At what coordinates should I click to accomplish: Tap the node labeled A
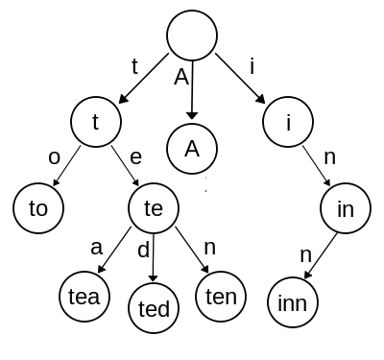pyautogui.click(x=192, y=149)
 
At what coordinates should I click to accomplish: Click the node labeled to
pyautogui.click(x=37, y=206)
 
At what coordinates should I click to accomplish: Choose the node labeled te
pyautogui.click(x=154, y=206)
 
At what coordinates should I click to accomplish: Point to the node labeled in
pyautogui.click(x=346, y=206)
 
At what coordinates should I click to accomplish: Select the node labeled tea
pyautogui.click(x=84, y=297)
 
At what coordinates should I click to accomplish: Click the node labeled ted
pyautogui.click(x=154, y=309)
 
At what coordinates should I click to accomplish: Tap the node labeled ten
pyautogui.click(x=222, y=297)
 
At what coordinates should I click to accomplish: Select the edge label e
pyautogui.click(x=136, y=155)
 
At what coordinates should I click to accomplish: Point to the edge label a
pyautogui.click(x=96, y=247)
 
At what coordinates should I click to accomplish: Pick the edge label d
pyautogui.click(x=144, y=252)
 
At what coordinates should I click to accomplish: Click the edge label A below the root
pyautogui.click(x=180, y=78)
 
